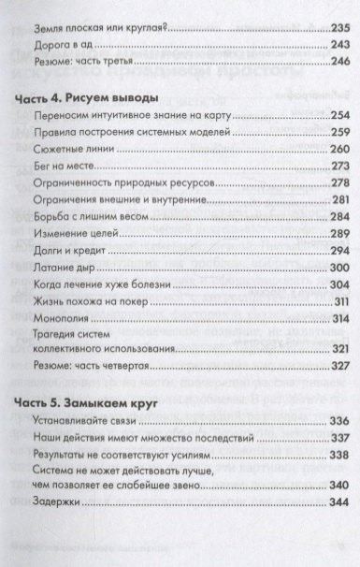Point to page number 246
(x=335, y=61)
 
